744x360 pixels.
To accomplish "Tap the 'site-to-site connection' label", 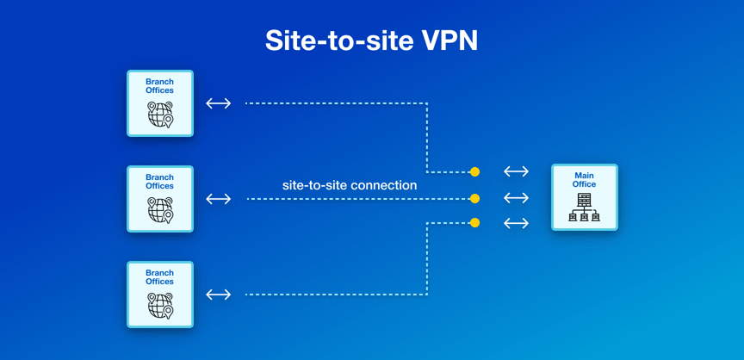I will [350, 185].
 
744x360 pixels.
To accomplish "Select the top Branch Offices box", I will [160, 103].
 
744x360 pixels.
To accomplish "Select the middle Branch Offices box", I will [160, 199].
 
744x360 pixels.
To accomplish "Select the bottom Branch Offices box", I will [160, 295].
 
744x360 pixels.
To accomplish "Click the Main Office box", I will [584, 197].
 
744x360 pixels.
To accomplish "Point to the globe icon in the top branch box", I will [160, 115].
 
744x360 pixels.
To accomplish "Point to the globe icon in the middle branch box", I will [160, 210].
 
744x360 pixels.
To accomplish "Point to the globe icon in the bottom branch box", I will [160, 306].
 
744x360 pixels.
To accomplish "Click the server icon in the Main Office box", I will [584, 208].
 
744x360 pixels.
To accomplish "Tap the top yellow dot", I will [474, 172].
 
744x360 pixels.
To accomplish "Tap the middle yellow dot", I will [474, 199].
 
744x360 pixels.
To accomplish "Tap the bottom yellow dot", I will [474, 223].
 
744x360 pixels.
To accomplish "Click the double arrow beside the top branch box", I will [219, 103].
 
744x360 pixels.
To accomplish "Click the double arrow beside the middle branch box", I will [219, 199].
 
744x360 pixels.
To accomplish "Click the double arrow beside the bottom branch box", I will [219, 295].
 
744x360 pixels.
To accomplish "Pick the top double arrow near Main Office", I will [516, 172].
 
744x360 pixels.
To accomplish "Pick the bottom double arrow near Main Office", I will [516, 223].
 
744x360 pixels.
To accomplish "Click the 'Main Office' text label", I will [584, 180].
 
